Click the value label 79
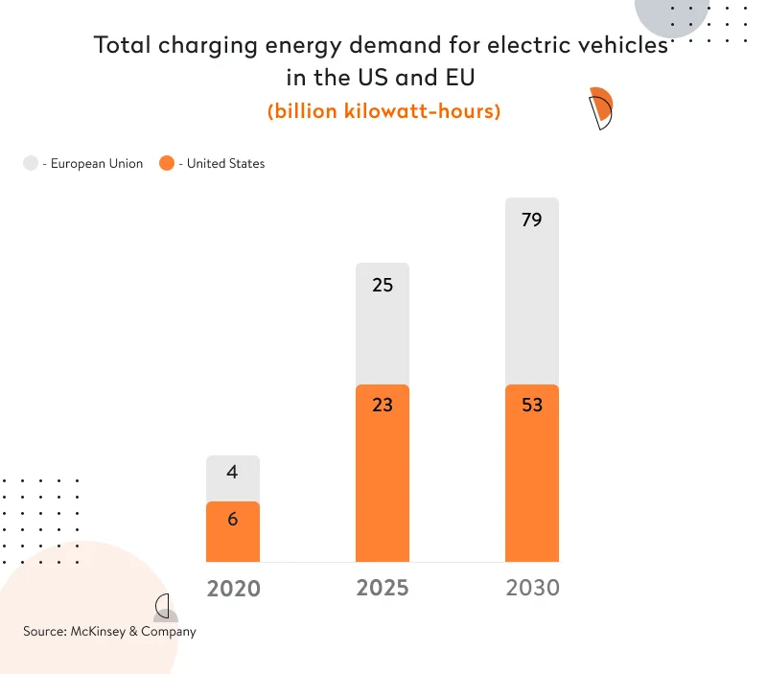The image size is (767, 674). tap(532, 221)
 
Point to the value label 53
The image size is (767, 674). tap(532, 405)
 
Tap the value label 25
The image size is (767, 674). tap(383, 286)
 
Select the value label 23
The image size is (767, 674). tap(383, 405)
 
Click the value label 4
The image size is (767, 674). tap(233, 473)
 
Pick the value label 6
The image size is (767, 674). tap(233, 519)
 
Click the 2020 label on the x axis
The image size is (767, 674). tap(233, 588)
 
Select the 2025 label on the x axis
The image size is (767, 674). tap(383, 587)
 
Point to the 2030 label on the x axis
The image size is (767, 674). tap(532, 587)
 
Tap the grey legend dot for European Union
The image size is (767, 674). tap(31, 164)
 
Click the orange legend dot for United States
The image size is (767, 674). tap(167, 164)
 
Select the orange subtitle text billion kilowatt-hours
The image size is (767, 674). tap(383, 111)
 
